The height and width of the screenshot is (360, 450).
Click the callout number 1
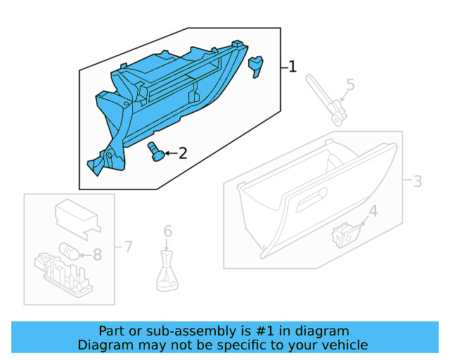pyautogui.click(x=292, y=67)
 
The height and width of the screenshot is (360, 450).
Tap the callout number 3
pyautogui.click(x=417, y=181)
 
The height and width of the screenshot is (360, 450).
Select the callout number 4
pyautogui.click(x=373, y=211)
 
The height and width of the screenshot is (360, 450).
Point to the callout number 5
pyautogui.click(x=349, y=86)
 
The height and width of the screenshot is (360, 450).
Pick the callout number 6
pyautogui.click(x=167, y=231)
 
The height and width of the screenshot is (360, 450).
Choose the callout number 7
pyautogui.click(x=127, y=246)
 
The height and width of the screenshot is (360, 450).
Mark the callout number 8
pyautogui.click(x=97, y=255)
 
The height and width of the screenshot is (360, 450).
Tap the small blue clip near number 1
pyautogui.click(x=255, y=65)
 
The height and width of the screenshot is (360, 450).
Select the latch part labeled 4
pyautogui.click(x=345, y=234)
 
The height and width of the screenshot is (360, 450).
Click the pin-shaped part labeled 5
pyautogui.click(x=326, y=99)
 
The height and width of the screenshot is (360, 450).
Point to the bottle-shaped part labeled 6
pyautogui.click(x=167, y=275)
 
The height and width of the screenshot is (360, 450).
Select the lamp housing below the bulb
pyautogui.click(x=63, y=274)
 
